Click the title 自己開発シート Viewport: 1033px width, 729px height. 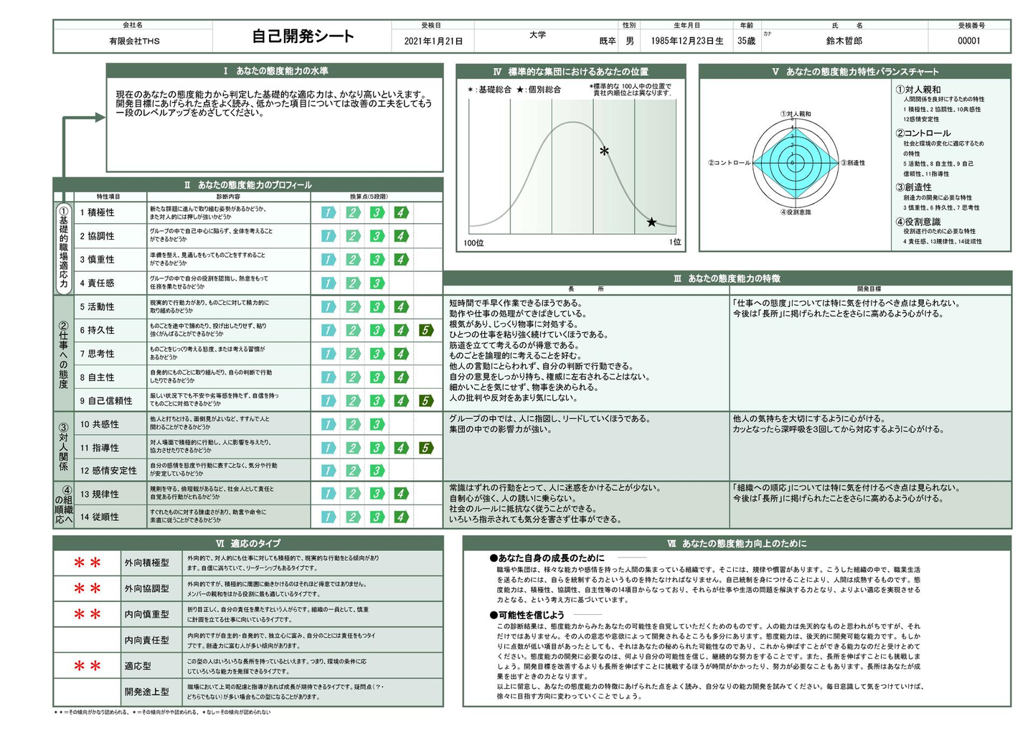pyautogui.click(x=303, y=37)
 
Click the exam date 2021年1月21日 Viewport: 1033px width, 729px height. pyautogui.click(x=433, y=42)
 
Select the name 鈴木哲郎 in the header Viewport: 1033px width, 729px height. pyautogui.click(x=844, y=41)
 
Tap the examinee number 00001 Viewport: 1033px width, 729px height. pyautogui.click(x=968, y=41)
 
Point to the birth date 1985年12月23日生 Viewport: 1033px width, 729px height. pyautogui.click(x=687, y=41)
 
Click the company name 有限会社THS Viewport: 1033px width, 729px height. pyautogui.click(x=134, y=42)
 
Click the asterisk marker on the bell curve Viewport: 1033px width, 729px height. pyautogui.click(x=605, y=151)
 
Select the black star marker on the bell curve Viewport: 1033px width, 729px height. pyautogui.click(x=651, y=222)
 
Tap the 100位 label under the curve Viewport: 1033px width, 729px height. pyautogui.click(x=473, y=243)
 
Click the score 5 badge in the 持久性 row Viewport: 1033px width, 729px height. pyautogui.click(x=426, y=330)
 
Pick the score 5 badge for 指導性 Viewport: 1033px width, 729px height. pyautogui.click(x=426, y=448)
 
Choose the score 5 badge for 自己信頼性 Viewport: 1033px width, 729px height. pyautogui.click(x=426, y=400)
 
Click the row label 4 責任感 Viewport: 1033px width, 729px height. pyautogui.click(x=98, y=283)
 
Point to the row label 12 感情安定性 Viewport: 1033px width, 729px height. pyautogui.click(x=108, y=471)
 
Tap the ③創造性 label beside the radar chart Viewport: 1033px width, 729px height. pyautogui.click(x=853, y=163)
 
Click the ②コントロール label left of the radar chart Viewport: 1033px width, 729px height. pyautogui.click(x=730, y=163)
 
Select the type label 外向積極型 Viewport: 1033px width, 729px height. pyautogui.click(x=147, y=563)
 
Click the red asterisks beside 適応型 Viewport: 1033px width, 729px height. pyautogui.click(x=88, y=667)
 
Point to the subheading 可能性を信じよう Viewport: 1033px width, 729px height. pyautogui.click(x=531, y=615)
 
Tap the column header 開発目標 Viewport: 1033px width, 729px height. pyautogui.click(x=869, y=288)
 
